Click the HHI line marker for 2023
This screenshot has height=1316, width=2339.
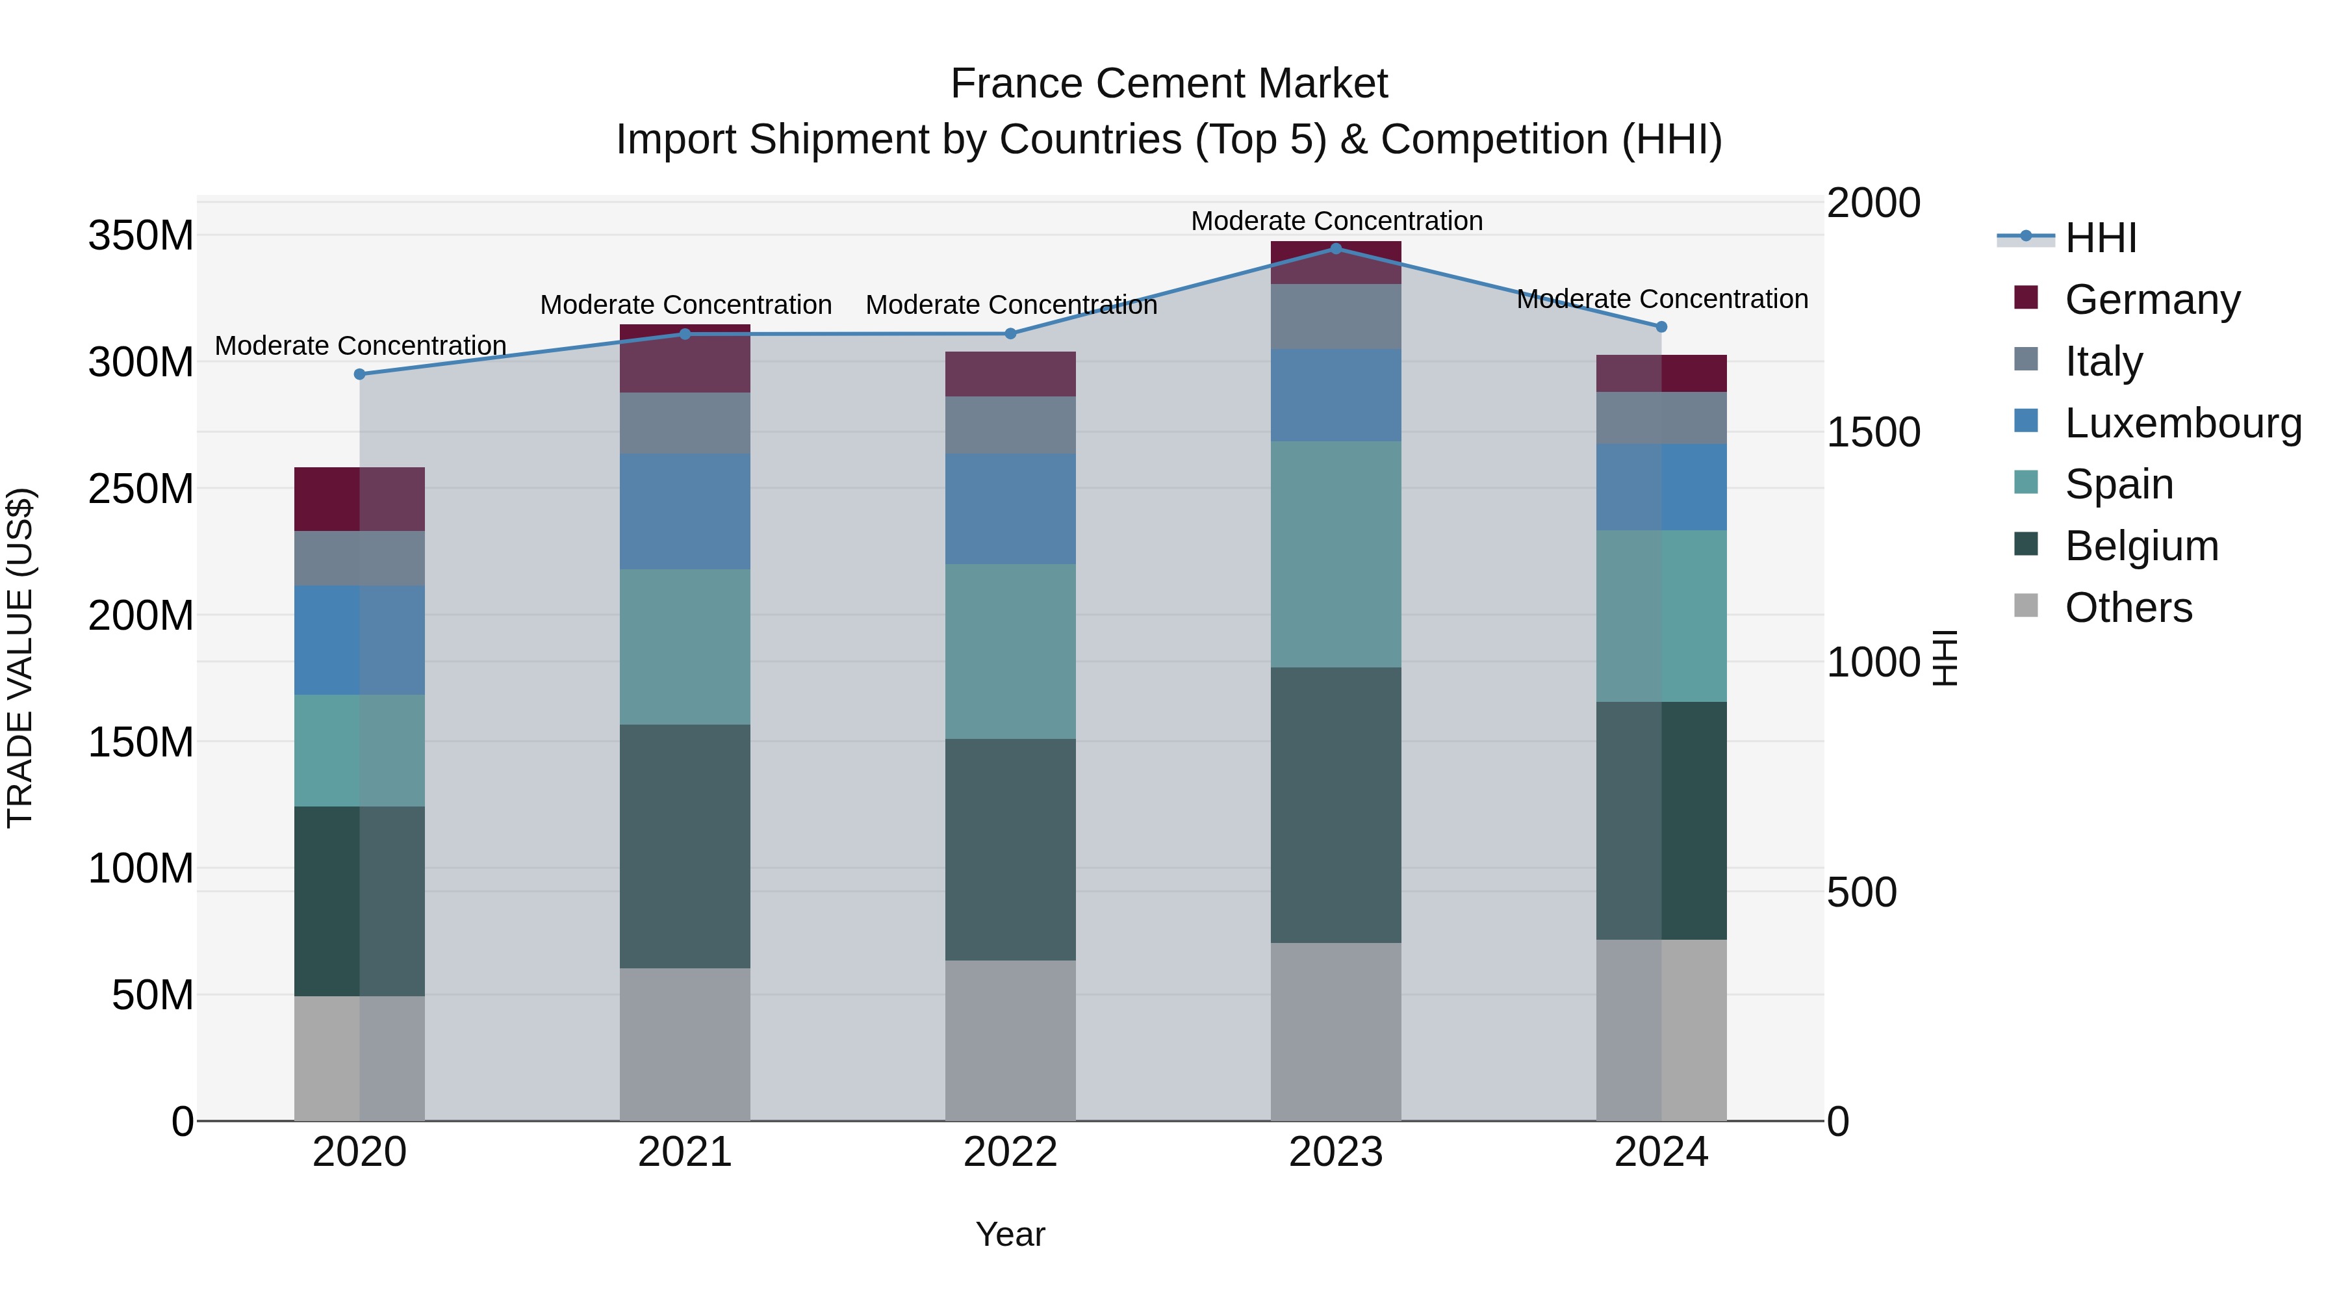pyautogui.click(x=1336, y=248)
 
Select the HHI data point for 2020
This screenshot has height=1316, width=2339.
pyautogui.click(x=359, y=374)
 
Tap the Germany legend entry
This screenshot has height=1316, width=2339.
pyautogui.click(x=2152, y=300)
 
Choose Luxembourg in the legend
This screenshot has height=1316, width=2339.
pyautogui.click(x=2183, y=423)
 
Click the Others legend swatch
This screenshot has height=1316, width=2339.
pyautogui.click(x=2026, y=606)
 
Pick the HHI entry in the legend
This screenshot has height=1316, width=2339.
pyautogui.click(x=2100, y=238)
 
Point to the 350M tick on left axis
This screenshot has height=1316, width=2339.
pyautogui.click(x=141, y=236)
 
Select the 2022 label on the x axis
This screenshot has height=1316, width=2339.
pyautogui.click(x=1010, y=1152)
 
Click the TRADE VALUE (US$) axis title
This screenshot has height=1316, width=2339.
pyautogui.click(x=21, y=658)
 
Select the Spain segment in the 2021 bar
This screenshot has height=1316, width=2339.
pyautogui.click(x=685, y=647)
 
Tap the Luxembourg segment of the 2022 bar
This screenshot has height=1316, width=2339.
pyautogui.click(x=1010, y=509)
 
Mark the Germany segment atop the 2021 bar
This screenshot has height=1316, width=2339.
pyautogui.click(x=685, y=359)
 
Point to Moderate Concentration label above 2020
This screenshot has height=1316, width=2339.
pyautogui.click(x=361, y=346)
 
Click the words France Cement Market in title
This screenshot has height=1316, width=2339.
pyautogui.click(x=1169, y=84)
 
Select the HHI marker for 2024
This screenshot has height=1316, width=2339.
pyautogui.click(x=1661, y=327)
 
